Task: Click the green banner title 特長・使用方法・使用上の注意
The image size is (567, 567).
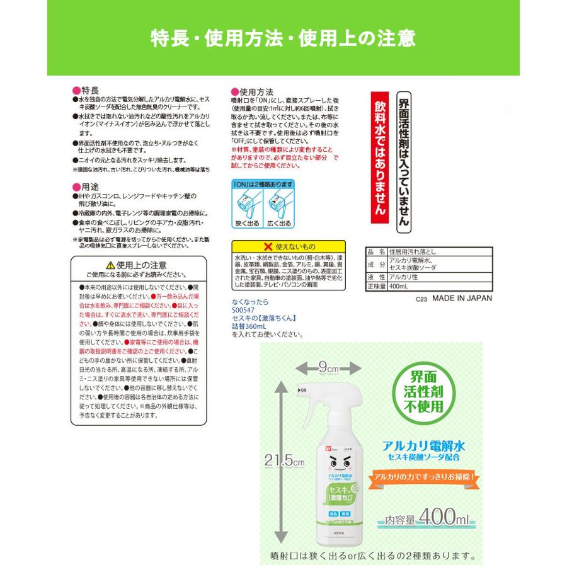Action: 283,38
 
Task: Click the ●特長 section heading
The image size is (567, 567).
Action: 86,91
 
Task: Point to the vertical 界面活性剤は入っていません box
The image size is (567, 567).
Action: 404,161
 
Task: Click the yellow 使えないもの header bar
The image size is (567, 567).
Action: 289,246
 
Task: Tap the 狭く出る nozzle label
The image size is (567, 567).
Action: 247,223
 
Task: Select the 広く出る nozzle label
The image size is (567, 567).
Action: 278,223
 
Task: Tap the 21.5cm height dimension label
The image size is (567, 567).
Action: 284,461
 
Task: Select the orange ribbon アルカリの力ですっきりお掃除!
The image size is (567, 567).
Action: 425,477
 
